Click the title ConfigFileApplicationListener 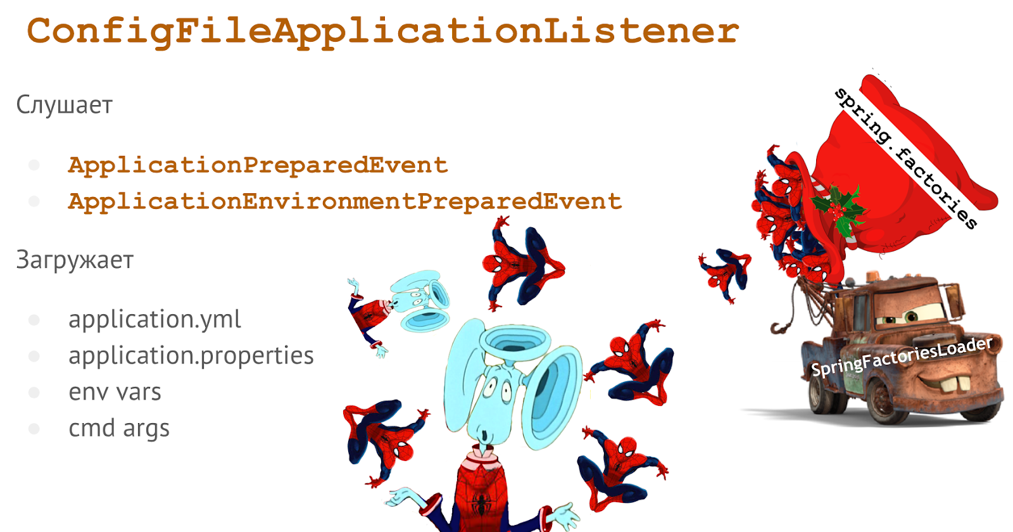coord(383,32)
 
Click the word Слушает coord(64,105)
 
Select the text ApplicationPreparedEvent coord(258,165)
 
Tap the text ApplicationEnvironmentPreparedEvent coord(345,202)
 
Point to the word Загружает coord(75,260)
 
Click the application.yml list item coord(154,320)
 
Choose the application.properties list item coord(191,356)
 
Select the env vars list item coord(115,392)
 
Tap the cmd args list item coord(119,429)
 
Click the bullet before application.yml coord(34,320)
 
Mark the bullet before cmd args coord(34,429)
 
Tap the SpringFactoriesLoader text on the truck coord(902,357)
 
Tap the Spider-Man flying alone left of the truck coord(725,273)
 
